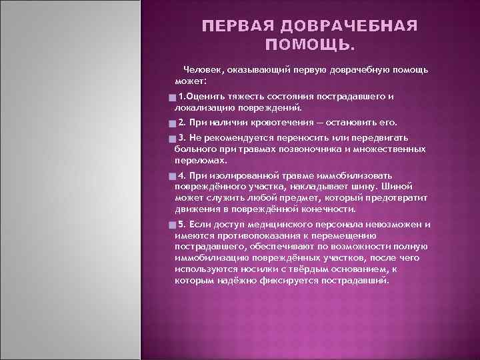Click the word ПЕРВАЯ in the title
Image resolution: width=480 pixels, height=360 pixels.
pyautogui.click(x=237, y=26)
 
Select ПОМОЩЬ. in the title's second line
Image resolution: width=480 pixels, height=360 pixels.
pyautogui.click(x=311, y=45)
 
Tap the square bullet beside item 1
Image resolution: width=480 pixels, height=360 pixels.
pyautogui.click(x=172, y=98)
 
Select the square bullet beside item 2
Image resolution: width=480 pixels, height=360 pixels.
pyautogui.click(x=172, y=124)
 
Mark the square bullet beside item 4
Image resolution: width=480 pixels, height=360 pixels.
pyautogui.click(x=172, y=177)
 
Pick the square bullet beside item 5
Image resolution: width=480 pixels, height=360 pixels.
pyautogui.click(x=172, y=225)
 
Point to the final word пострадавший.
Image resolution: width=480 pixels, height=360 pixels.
pyautogui.click(x=355, y=281)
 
